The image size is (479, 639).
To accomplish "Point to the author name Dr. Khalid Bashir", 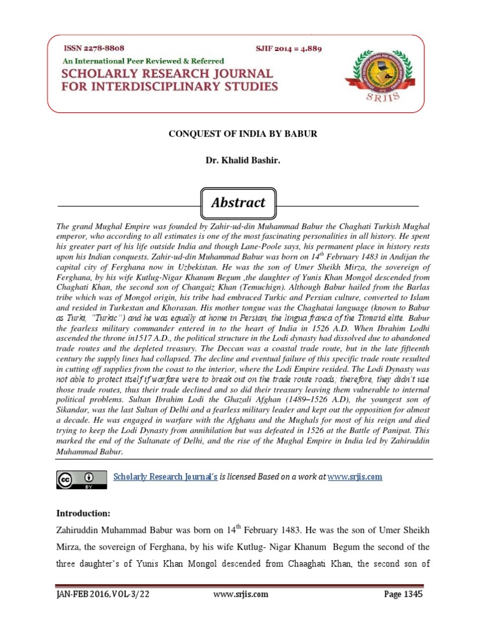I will point(239,161).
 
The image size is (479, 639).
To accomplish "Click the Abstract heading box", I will point(239,203).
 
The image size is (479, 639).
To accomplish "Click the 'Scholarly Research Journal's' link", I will point(165,477).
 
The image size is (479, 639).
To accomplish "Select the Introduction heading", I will point(83,513).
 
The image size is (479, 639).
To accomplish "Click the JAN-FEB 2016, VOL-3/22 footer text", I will point(103,594).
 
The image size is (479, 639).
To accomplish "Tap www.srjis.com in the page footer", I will point(241,594).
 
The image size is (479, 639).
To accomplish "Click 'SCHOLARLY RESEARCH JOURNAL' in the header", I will point(167,74).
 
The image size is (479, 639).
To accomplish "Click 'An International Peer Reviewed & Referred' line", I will point(142,61).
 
